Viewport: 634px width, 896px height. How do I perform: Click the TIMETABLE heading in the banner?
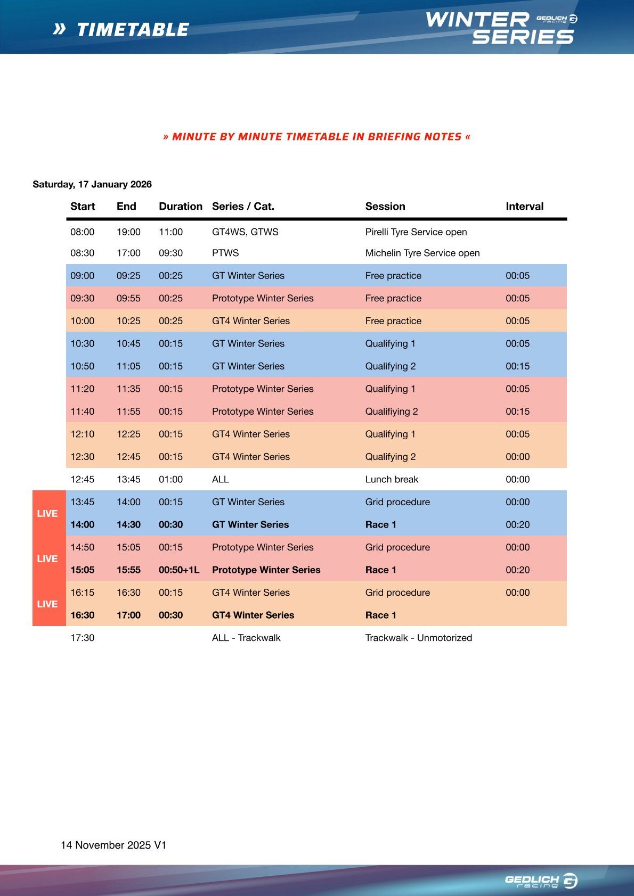click(133, 30)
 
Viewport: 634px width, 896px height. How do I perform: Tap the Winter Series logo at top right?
click(500, 29)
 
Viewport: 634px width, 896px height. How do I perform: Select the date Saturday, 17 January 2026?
click(92, 184)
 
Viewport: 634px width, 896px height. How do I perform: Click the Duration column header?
click(180, 207)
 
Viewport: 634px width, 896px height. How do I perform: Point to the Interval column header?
click(524, 207)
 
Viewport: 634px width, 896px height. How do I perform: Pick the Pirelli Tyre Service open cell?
click(416, 232)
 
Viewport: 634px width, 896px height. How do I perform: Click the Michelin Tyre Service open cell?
click(422, 253)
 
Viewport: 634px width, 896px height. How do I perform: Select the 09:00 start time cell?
click(83, 276)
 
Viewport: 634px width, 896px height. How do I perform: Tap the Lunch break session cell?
click(392, 479)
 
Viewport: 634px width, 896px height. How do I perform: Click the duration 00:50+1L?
click(179, 570)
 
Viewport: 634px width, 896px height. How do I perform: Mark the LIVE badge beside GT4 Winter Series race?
click(47, 604)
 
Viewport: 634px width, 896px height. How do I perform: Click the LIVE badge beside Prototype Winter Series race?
click(47, 558)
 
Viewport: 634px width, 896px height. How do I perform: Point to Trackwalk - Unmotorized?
click(418, 638)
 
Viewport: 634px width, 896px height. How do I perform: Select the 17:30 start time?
click(83, 638)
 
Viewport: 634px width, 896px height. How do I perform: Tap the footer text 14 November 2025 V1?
click(113, 845)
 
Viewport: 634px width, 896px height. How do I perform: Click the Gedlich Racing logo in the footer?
click(540, 881)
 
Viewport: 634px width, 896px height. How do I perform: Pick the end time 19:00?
click(128, 232)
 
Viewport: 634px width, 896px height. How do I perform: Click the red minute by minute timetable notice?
click(317, 137)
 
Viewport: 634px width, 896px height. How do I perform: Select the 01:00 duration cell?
click(170, 479)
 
